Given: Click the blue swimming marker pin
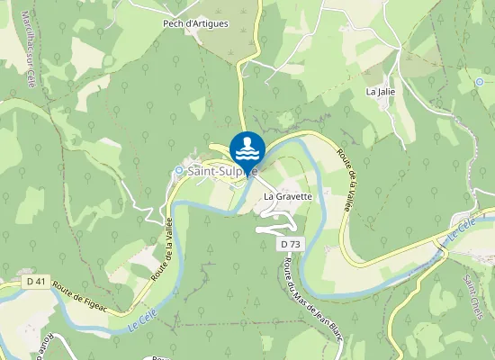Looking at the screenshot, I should point(247,149).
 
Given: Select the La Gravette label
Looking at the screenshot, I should point(287,195).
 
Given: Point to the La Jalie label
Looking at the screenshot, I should point(381,92).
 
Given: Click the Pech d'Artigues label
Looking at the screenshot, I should point(196,23).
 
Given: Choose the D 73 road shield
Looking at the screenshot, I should point(289,244).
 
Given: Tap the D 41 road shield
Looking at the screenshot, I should point(36,281).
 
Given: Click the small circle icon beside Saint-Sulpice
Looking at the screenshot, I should point(179,170).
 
